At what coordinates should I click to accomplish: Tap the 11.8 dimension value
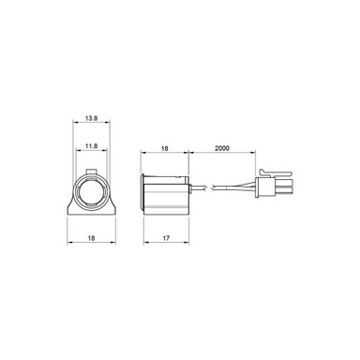click(x=91, y=146)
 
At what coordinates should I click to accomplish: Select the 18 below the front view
click(x=91, y=239)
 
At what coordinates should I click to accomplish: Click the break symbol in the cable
click(x=215, y=187)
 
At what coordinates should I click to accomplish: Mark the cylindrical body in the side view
click(x=169, y=193)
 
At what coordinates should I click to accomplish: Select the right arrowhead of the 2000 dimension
click(x=254, y=154)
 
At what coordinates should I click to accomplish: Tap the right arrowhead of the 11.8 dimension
click(x=102, y=154)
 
